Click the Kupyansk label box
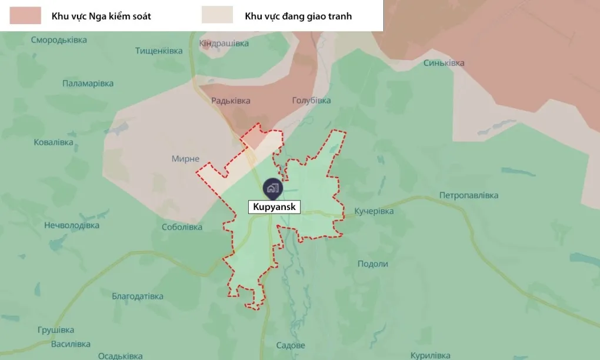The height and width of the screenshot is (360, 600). pyautogui.click(x=275, y=207)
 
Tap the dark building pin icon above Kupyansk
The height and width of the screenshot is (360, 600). pyautogui.click(x=272, y=188)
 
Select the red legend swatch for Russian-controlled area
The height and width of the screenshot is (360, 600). pyautogui.click(x=25, y=16)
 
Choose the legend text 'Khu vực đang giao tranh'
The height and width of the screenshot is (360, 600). pyautogui.click(x=298, y=16)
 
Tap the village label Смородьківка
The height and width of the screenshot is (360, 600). pyautogui.click(x=59, y=40)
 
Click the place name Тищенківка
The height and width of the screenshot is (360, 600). pyautogui.click(x=159, y=51)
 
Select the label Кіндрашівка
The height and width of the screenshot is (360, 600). pyautogui.click(x=224, y=44)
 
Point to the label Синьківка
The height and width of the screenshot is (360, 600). pyautogui.click(x=444, y=63)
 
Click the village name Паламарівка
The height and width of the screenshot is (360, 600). pyautogui.click(x=88, y=84)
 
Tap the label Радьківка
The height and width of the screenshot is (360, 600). pyautogui.click(x=231, y=101)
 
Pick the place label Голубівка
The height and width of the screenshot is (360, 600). pyautogui.click(x=311, y=101)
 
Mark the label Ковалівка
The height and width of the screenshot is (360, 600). pyautogui.click(x=54, y=142)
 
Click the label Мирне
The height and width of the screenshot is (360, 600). pyautogui.click(x=185, y=159)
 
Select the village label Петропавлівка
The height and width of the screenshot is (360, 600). pyautogui.click(x=469, y=195)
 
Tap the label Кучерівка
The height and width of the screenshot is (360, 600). pyautogui.click(x=374, y=211)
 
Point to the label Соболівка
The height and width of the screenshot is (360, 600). pyautogui.click(x=182, y=227)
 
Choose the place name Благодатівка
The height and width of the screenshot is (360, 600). pyautogui.click(x=138, y=296)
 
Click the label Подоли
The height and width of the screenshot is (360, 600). pyautogui.click(x=373, y=264)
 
